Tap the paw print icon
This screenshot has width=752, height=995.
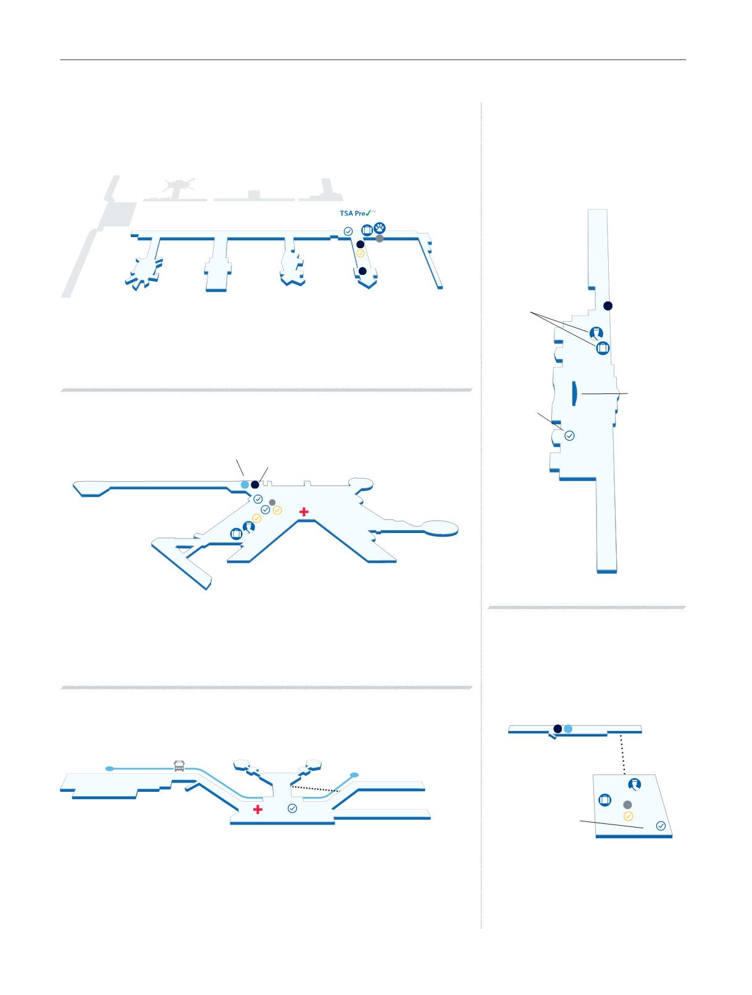tap(380, 229)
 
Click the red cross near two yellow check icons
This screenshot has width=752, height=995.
tap(303, 511)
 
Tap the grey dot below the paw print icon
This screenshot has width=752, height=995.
tap(380, 238)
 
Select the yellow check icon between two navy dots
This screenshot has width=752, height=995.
tap(360, 253)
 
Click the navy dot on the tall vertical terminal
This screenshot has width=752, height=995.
tap(608, 306)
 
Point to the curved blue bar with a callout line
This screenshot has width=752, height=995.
tap(575, 394)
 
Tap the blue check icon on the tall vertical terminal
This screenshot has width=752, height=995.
tap(570, 435)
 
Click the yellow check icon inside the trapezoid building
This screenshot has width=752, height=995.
tap(629, 816)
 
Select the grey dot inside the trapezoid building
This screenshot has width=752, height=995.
tap(627, 805)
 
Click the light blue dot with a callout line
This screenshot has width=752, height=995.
tap(244, 485)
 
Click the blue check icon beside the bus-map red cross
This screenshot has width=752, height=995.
tap(293, 808)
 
